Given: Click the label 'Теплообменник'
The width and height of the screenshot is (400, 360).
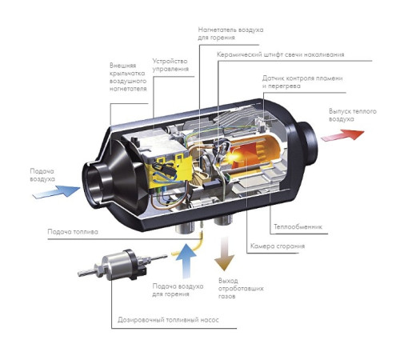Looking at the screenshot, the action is (x=298, y=227).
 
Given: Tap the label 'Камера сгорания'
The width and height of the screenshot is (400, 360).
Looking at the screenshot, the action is (x=278, y=246).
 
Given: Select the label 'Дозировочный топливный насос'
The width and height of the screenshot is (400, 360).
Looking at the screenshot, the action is (x=168, y=319).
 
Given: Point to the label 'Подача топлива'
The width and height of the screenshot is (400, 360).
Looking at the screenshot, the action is (x=73, y=231).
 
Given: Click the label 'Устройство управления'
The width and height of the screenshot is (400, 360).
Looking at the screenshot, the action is (x=170, y=65).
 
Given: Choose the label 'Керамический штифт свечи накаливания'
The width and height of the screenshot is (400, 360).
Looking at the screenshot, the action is (x=280, y=54).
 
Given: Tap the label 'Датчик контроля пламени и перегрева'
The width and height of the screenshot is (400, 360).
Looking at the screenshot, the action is (x=302, y=82).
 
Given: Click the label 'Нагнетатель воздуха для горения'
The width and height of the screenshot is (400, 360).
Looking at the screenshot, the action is (x=230, y=34).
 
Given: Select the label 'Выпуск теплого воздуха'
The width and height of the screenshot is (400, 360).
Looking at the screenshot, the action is (x=353, y=115).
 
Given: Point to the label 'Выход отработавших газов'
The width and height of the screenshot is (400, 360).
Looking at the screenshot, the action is (x=241, y=288).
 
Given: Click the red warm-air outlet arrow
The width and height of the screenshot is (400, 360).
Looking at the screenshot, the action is (x=342, y=135).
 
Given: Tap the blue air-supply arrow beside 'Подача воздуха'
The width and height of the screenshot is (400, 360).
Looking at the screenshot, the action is (x=56, y=191).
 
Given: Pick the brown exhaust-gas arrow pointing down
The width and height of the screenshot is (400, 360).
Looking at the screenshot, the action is (x=224, y=254).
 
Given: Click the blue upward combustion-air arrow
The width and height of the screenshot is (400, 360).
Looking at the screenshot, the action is (x=186, y=260).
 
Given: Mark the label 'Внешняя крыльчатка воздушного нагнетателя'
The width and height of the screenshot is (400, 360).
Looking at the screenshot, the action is (x=128, y=77).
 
